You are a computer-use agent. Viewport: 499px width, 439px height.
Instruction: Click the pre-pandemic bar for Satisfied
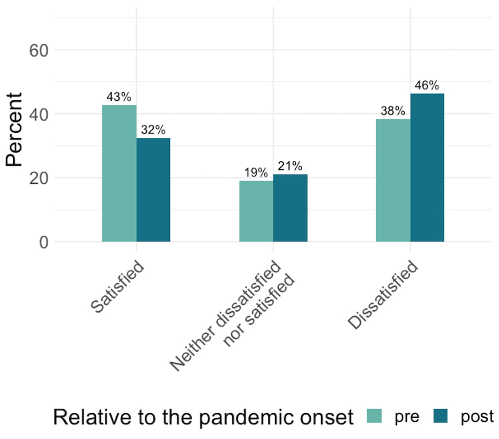(119, 173)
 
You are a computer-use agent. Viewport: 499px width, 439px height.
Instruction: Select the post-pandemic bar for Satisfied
(153, 190)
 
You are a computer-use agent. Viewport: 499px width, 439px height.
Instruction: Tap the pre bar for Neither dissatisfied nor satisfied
(256, 211)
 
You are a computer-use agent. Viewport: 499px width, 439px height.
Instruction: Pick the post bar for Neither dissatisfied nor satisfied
(290, 208)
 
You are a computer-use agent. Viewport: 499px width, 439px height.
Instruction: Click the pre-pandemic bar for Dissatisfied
(393, 180)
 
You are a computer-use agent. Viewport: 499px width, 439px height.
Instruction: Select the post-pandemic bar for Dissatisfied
(427, 168)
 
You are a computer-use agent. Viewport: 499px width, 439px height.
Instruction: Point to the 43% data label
(119, 97)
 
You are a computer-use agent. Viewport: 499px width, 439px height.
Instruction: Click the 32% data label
(153, 130)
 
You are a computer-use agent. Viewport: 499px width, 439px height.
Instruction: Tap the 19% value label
(256, 173)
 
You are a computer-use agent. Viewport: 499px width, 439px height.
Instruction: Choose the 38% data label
(393, 111)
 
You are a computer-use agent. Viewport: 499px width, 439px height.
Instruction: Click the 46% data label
(427, 86)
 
